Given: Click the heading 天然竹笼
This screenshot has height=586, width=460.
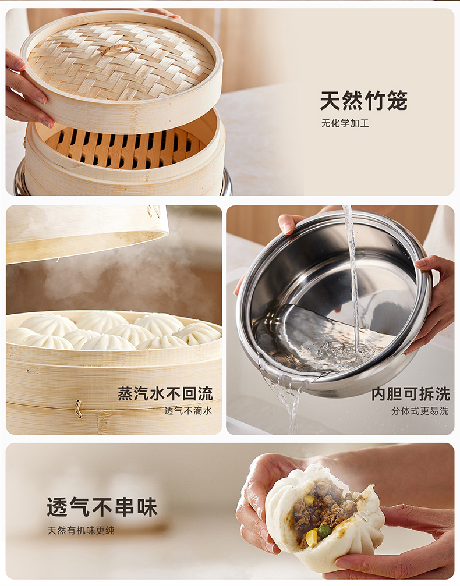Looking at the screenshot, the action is coord(363,100).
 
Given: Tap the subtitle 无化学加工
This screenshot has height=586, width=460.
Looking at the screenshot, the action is coord(345,123).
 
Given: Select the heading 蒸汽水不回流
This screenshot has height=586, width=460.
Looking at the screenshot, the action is coord(165,394).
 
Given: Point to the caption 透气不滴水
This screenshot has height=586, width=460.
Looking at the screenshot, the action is coord(188,411).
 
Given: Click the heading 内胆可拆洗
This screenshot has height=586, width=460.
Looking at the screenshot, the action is coord(411,394).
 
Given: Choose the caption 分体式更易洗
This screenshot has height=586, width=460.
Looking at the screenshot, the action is coord(420,411).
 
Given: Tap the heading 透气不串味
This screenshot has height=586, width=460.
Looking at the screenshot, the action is coord(102,507).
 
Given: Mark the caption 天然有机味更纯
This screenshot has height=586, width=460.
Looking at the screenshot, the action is coord(81,530).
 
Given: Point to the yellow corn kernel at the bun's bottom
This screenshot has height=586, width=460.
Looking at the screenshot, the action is coord(311,538).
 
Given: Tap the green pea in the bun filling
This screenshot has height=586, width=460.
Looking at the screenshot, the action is coord(324,530).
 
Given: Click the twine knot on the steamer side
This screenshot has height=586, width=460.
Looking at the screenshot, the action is coord(78,409).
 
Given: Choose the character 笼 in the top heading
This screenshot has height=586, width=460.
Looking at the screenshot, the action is coord(397,100).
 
